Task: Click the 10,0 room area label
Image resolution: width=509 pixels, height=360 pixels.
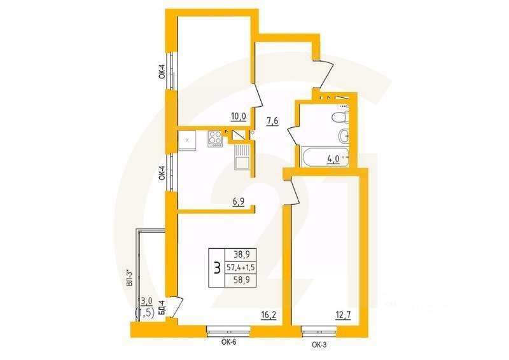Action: click(x=239, y=116)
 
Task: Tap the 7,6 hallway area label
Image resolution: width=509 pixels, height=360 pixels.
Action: click(x=272, y=121)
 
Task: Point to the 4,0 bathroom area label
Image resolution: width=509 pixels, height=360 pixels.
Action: click(x=333, y=160)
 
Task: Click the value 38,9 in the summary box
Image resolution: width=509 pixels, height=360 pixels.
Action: click(x=241, y=253)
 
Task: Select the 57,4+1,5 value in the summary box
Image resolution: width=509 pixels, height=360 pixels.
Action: click(x=241, y=267)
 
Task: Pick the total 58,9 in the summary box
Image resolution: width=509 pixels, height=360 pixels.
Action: click(x=241, y=280)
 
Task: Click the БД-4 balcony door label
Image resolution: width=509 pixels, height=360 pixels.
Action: click(x=162, y=308)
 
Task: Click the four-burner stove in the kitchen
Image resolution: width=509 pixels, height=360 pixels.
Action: click(x=215, y=138)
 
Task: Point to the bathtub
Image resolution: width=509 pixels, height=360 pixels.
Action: click(x=322, y=156)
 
